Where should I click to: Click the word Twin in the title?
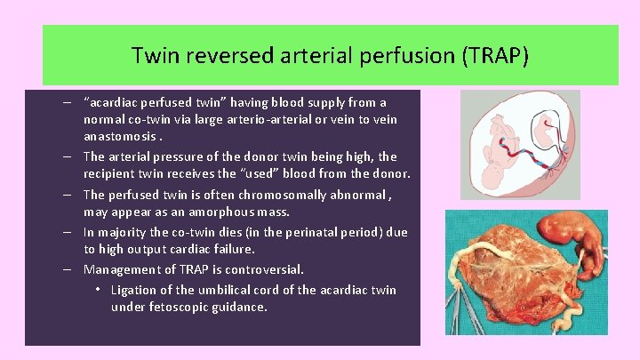[x=153, y=56]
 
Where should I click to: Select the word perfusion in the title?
[x=408, y=56]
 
